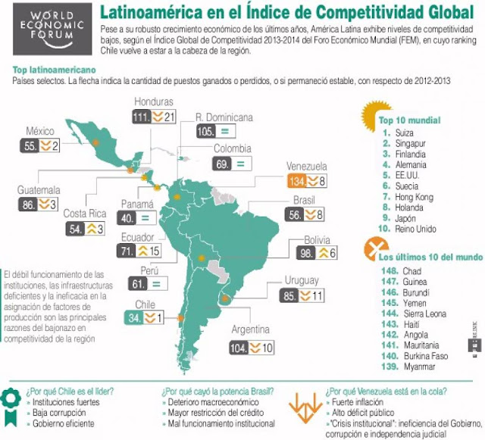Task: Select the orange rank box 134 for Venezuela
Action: point(298,181)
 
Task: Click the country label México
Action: point(42,130)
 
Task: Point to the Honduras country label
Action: point(154,102)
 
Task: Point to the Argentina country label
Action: point(249,330)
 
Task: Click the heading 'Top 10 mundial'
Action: point(410,120)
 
